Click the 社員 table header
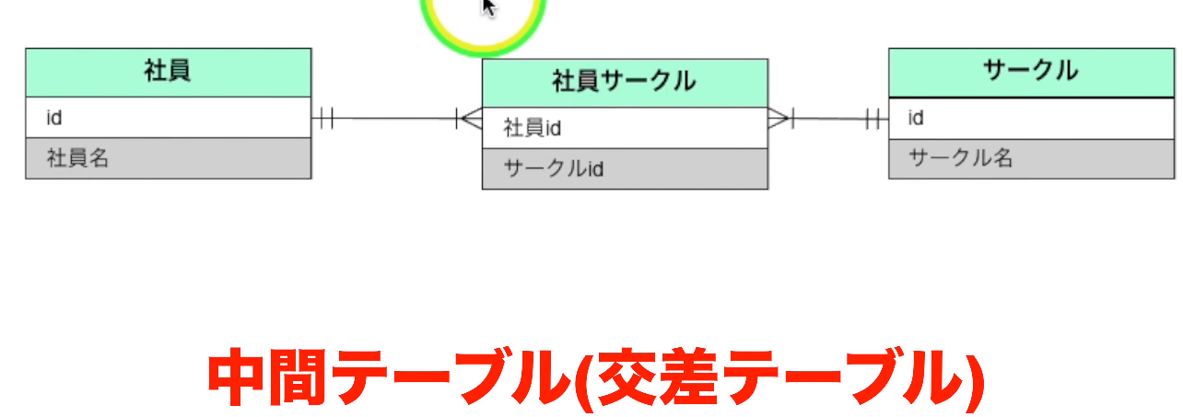click(x=168, y=72)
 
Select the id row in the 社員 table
click(x=168, y=118)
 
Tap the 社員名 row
click(x=168, y=158)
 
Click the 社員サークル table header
click(x=625, y=83)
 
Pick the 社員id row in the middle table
click(x=625, y=128)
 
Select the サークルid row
click(x=625, y=168)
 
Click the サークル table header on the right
click(x=1031, y=72)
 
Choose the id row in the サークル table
click(x=1031, y=118)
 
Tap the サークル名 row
click(x=1031, y=158)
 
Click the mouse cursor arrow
click(x=488, y=7)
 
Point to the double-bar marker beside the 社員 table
click(x=323, y=119)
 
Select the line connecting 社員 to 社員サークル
click(x=392, y=119)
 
